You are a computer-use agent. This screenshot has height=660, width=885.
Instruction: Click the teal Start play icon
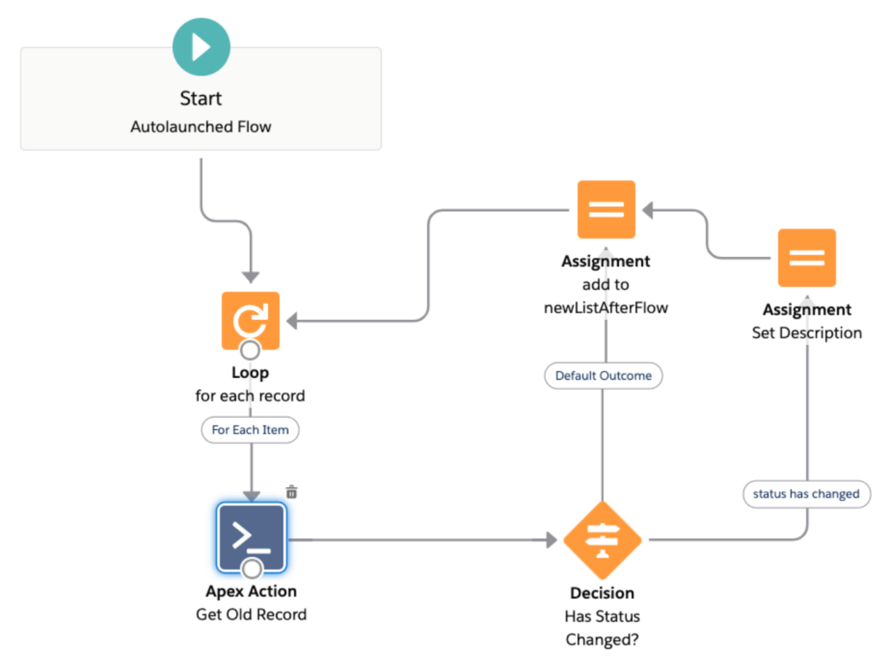point(201,47)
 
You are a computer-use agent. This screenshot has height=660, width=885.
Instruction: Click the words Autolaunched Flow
point(201,126)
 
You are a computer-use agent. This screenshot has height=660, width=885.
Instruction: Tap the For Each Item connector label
point(251,429)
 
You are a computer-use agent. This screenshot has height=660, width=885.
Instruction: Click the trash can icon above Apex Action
point(292,491)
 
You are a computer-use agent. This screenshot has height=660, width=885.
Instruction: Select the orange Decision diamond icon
point(602,541)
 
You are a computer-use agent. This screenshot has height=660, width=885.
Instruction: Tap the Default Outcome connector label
point(603,375)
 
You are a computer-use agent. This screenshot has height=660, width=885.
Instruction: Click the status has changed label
point(806,494)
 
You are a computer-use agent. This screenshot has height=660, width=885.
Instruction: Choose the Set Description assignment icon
point(806,258)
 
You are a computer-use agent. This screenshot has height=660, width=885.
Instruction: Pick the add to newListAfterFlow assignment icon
point(606,209)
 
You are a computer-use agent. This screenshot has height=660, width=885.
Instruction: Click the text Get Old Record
point(251,615)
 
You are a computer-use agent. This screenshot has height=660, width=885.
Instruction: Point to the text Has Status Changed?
point(602,628)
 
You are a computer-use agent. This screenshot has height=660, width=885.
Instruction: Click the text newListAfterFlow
point(605,307)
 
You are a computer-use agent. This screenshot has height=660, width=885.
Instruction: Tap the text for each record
point(251,396)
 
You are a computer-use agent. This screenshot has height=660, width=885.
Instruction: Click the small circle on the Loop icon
point(251,350)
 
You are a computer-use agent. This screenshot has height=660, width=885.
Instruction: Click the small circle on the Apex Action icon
point(251,568)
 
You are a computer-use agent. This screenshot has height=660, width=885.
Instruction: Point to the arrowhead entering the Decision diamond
point(551,541)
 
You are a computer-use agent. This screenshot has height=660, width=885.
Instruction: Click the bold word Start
point(201,99)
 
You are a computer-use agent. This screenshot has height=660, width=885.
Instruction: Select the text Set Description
point(806,333)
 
